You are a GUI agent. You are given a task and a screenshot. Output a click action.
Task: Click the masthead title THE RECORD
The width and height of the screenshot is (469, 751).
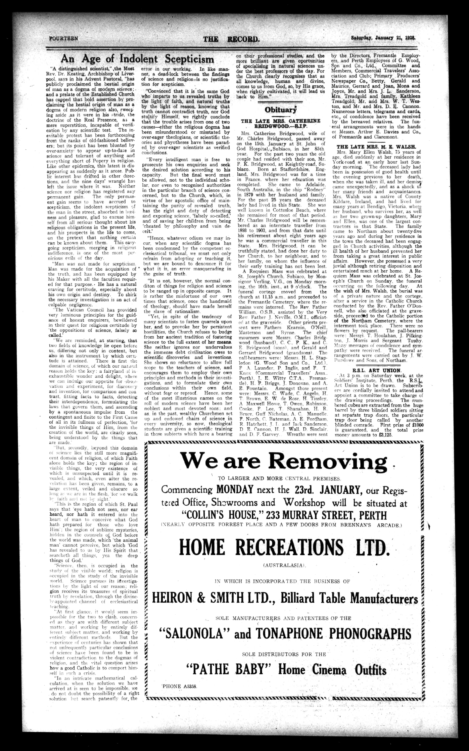tap(231, 39)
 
